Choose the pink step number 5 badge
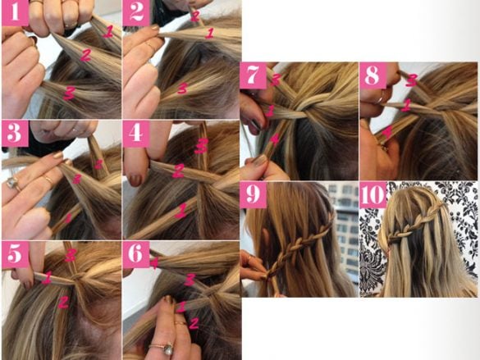(13, 253)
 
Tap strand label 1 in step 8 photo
(405, 105)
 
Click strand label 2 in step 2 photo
(194, 15)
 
